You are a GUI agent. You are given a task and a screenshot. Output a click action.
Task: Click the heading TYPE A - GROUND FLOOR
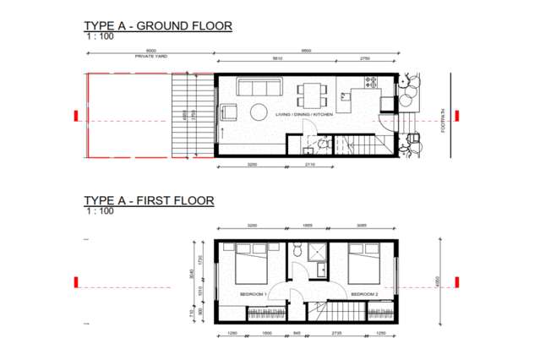(157, 26)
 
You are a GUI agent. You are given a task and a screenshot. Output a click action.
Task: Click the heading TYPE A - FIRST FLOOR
(149, 200)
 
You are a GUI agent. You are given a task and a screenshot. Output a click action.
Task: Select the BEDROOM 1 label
(253, 294)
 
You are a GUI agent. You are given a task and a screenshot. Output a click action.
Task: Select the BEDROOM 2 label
(365, 294)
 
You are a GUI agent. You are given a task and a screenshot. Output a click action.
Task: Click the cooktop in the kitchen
(369, 82)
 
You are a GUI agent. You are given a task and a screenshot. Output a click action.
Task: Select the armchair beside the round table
(230, 112)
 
